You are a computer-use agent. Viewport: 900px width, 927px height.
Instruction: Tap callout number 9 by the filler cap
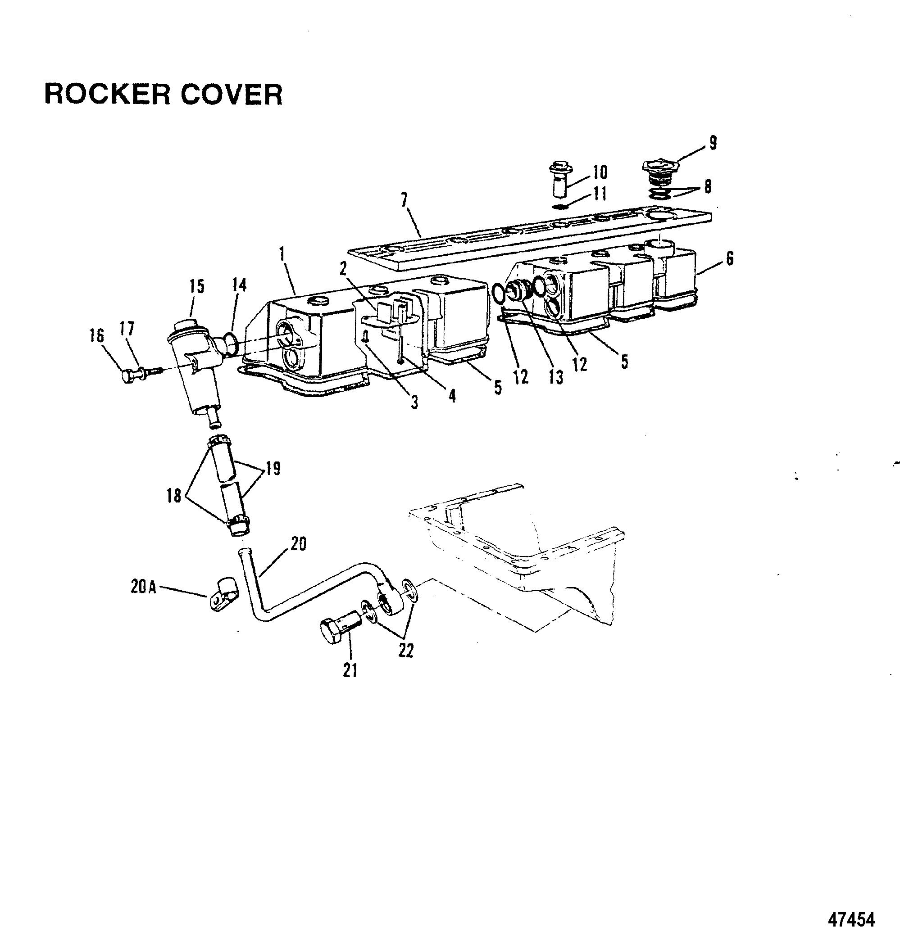coord(713,142)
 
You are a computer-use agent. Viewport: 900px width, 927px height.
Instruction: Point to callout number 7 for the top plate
coord(404,200)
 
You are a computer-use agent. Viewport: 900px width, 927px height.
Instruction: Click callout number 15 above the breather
coord(197,287)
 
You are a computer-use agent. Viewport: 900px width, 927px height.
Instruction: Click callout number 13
coord(556,377)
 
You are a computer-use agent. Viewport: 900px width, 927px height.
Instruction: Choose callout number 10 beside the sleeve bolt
coord(600,172)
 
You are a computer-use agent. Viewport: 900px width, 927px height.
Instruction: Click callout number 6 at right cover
coord(730,259)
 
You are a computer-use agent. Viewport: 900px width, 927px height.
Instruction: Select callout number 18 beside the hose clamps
coord(174,496)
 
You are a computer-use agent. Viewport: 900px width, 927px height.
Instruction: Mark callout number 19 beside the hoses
coord(273,468)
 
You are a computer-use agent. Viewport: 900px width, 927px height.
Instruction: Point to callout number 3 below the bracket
coord(414,402)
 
